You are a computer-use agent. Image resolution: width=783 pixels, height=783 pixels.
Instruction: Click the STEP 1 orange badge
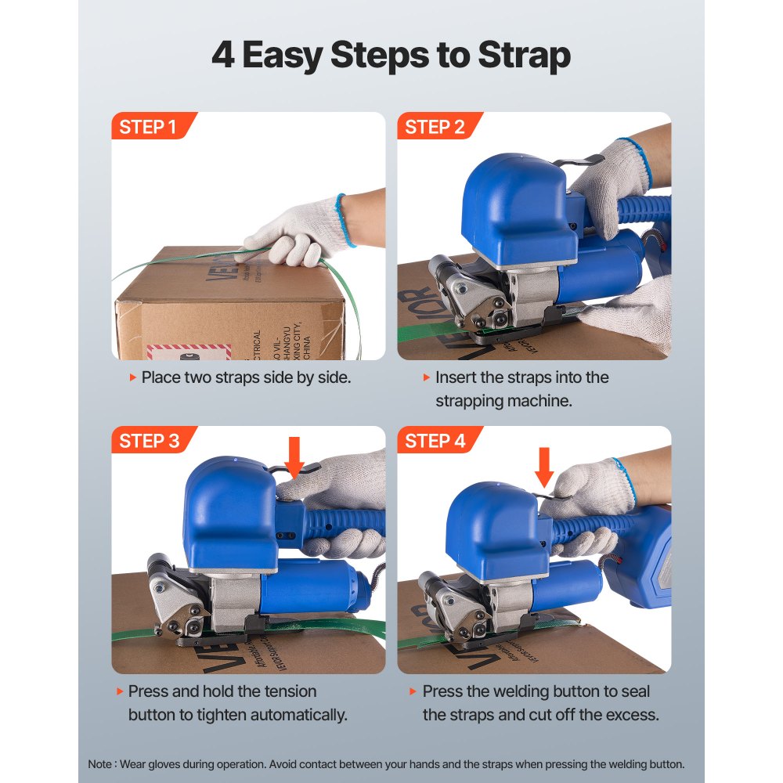pos(149,127)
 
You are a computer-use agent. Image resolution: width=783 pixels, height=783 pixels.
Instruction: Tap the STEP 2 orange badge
pos(435,127)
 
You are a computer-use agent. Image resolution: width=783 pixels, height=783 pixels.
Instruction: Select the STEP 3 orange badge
pos(149,441)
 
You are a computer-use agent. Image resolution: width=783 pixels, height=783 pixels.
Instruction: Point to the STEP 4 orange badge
pos(435,441)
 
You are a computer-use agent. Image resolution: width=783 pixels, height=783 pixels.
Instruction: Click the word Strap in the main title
pos(524,56)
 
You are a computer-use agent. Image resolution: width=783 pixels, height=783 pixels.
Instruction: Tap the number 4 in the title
pos(222,56)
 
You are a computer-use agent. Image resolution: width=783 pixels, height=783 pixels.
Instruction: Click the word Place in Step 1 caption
pos(161,377)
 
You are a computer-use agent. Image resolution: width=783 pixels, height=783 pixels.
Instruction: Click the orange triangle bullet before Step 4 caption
pos(413,692)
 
